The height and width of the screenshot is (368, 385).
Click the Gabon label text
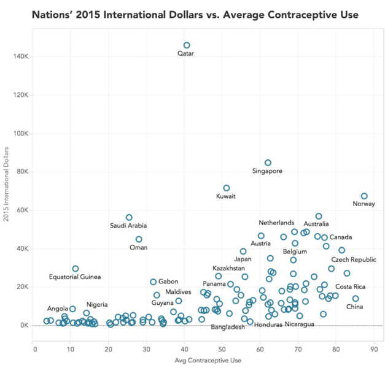click(168, 282)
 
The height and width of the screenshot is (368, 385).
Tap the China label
click(354, 307)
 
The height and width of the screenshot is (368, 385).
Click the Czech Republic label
click(354, 259)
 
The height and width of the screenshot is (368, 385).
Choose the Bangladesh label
click(228, 327)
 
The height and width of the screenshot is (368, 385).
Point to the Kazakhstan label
click(228, 268)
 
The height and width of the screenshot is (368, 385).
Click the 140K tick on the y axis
click(21, 56)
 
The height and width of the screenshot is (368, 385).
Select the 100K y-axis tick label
click(21, 134)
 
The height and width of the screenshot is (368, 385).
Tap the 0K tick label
click(25, 326)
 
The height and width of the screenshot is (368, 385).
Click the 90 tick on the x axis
click(374, 350)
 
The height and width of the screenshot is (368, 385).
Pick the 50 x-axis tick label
click(222, 350)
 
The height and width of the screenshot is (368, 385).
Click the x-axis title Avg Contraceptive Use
click(208, 361)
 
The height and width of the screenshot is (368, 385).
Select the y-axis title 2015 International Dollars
click(6, 184)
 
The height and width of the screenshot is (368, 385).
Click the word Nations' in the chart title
click(52, 15)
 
